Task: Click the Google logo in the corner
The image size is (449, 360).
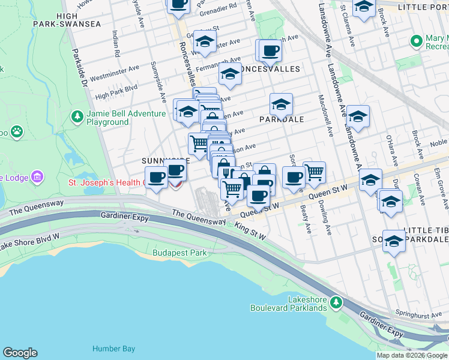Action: (x=20, y=353)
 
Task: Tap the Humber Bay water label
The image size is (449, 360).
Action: (x=113, y=349)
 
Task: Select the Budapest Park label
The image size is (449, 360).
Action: (x=179, y=253)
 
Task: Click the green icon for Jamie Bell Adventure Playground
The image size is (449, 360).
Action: (x=76, y=115)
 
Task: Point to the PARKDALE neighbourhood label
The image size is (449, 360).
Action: (x=282, y=119)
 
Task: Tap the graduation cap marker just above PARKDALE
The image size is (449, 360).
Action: (x=281, y=105)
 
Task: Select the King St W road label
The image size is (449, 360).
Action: (x=250, y=230)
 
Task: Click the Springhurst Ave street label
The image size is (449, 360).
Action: (x=416, y=314)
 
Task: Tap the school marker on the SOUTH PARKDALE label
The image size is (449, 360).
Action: (x=394, y=242)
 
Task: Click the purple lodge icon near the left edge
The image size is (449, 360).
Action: (x=37, y=176)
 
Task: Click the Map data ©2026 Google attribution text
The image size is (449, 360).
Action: (x=411, y=355)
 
